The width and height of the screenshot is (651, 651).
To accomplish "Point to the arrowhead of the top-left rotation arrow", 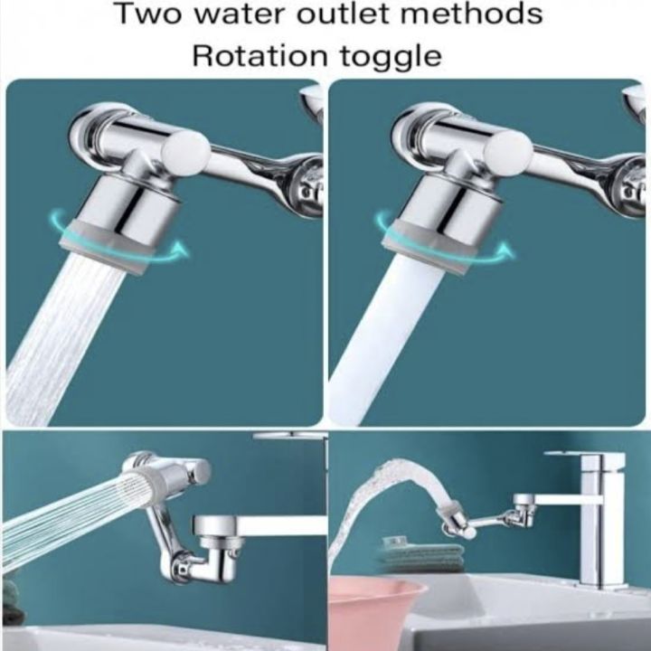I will tap(181, 245).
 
